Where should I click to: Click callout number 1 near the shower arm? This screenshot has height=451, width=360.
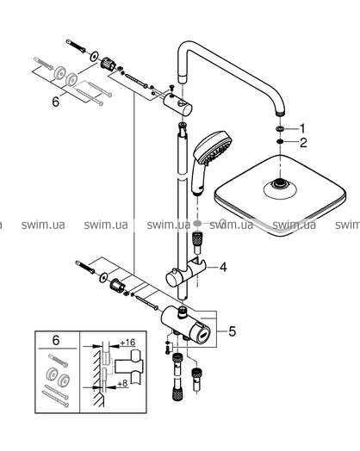pyautogui.click(x=302, y=128)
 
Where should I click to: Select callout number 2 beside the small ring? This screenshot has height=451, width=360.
pyautogui.click(x=303, y=143)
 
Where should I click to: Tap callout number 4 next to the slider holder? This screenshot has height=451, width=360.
pyautogui.click(x=223, y=267)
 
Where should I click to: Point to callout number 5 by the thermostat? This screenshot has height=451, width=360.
pyautogui.click(x=232, y=331)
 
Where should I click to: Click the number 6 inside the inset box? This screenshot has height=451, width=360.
pyautogui.click(x=56, y=340)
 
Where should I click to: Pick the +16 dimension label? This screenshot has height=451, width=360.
pyautogui.click(x=127, y=343)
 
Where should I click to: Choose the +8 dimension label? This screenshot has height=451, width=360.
pyautogui.click(x=122, y=383)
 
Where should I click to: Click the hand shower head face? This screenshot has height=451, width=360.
pyautogui.click(x=216, y=148)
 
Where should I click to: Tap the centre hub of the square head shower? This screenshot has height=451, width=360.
pyautogui.click(x=278, y=183)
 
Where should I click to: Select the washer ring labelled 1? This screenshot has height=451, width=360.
pyautogui.click(x=279, y=128)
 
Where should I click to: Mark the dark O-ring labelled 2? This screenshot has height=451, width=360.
pyautogui.click(x=279, y=141)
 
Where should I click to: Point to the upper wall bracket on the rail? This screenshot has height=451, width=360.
pyautogui.click(x=177, y=104)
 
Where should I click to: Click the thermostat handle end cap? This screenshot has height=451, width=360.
pyautogui.click(x=203, y=336)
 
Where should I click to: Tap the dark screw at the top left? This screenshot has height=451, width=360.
pyautogui.click(x=76, y=46)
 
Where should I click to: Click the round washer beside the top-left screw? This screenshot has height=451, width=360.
pyautogui.click(x=94, y=56)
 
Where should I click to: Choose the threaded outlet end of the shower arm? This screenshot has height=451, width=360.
pyautogui.click(x=280, y=113)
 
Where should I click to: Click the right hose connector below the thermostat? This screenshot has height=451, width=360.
pyautogui.click(x=197, y=374)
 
